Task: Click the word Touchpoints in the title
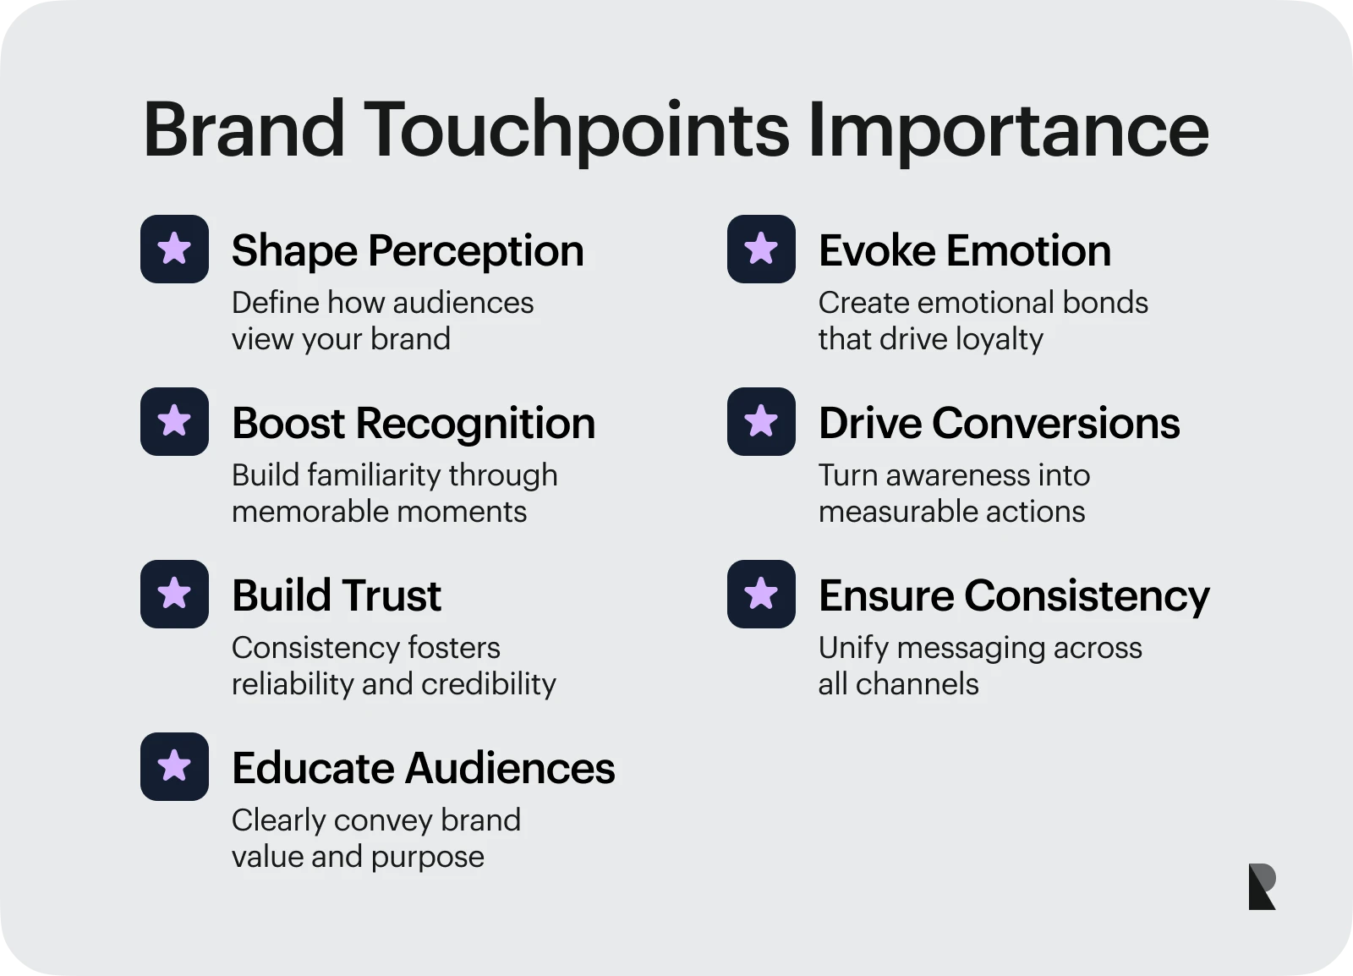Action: click(576, 131)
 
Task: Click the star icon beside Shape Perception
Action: click(174, 249)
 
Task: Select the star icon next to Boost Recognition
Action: click(174, 421)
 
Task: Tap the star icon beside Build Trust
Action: click(174, 595)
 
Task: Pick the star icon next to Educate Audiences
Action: click(174, 767)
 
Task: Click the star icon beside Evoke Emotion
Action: click(761, 249)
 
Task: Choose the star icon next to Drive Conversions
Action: click(761, 421)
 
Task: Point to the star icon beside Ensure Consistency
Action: click(761, 595)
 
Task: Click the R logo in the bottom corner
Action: click(1262, 886)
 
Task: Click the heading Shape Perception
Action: click(408, 251)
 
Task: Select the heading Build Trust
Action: click(337, 595)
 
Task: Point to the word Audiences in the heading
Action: click(510, 768)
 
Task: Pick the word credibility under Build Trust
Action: click(489, 684)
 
